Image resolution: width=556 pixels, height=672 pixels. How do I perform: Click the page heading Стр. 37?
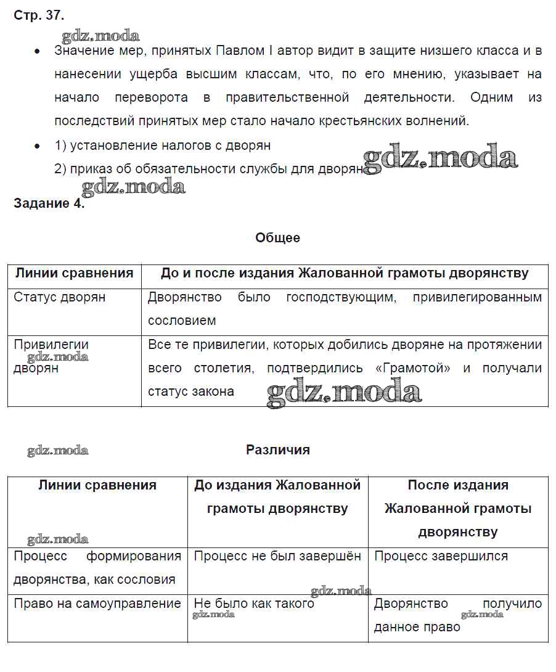[x=38, y=15]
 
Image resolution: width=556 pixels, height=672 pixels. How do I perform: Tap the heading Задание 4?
[x=49, y=205]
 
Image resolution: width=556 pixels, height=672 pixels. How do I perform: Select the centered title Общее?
[x=277, y=238]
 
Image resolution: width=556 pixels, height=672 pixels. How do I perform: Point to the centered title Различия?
[x=277, y=450]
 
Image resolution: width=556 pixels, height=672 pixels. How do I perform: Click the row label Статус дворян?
[x=59, y=297]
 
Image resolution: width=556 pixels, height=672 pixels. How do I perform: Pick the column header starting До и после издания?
[x=345, y=274]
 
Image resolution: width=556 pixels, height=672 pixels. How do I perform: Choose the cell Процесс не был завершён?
[x=277, y=556]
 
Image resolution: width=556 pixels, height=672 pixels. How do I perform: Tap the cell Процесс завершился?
[x=441, y=556]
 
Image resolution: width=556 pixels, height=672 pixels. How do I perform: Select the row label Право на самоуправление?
[x=97, y=604]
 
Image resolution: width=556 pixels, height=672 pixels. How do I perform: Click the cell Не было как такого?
[x=254, y=604]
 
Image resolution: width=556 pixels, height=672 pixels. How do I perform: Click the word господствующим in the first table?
[x=340, y=297]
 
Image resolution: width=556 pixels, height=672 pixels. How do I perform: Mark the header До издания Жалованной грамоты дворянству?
[x=277, y=497]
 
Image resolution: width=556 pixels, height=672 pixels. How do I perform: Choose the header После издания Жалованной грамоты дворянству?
[x=458, y=509]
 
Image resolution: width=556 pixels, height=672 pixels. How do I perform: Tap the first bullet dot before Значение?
[x=38, y=52]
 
